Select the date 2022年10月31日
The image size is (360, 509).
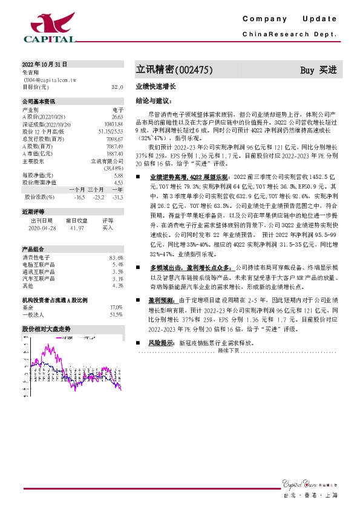tap(45, 64)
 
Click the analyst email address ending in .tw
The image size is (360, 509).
tap(50, 79)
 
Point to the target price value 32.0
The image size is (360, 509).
tap(117, 87)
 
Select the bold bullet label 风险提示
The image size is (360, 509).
tap(162, 343)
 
